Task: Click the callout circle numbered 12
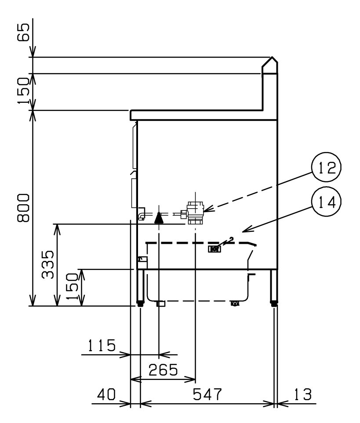coord(326,167)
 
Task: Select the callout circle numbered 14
coord(326,202)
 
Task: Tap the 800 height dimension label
coord(23,208)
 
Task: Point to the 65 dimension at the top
coord(23,32)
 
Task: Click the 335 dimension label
coord(48,264)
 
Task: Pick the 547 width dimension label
coord(207,394)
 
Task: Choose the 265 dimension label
coord(163,369)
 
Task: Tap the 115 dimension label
coord(102,345)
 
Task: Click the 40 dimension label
coord(106,394)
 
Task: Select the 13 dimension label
coord(302,394)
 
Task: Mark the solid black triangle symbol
coord(159,217)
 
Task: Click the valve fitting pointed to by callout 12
coord(195,213)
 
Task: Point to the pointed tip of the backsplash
coord(272,57)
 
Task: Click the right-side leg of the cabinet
coord(274,287)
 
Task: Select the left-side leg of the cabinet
coord(141,287)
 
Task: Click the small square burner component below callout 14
coord(215,249)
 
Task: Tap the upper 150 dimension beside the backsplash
coord(24,91)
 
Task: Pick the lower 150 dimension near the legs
coord(72,286)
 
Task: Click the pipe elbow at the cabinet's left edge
coord(142,214)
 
